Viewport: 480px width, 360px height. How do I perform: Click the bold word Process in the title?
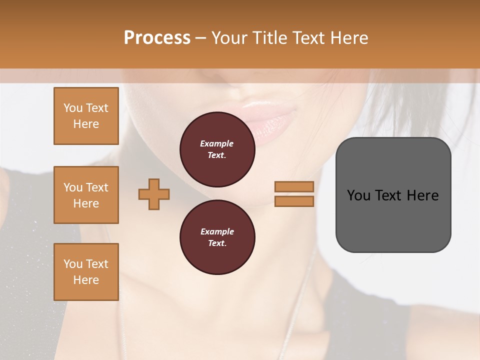click(157, 38)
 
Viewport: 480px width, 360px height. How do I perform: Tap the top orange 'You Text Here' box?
click(86, 116)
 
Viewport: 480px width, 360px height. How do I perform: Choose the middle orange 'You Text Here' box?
click(86, 195)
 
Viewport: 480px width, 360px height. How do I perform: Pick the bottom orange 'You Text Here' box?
click(86, 272)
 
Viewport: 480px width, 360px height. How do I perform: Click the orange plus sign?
click(154, 194)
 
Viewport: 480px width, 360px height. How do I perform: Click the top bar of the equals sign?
click(294, 186)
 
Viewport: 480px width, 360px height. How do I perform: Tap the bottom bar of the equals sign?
click(294, 201)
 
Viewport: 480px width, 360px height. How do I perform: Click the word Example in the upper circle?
click(217, 143)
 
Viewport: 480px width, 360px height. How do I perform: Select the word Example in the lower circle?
click(217, 231)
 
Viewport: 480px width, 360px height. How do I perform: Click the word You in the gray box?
click(358, 195)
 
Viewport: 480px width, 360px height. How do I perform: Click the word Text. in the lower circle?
click(217, 243)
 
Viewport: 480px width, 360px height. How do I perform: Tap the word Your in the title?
click(229, 38)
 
